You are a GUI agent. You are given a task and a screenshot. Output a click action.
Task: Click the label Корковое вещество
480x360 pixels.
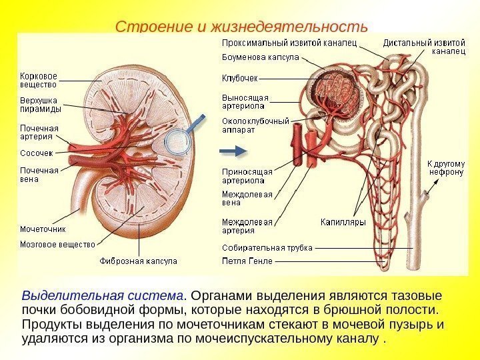(38, 80)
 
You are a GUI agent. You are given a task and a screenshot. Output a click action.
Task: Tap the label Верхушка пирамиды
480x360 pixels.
(41, 105)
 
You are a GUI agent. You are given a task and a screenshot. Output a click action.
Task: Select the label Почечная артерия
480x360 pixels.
(39, 132)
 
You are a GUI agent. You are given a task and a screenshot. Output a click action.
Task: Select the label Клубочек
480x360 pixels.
(240, 77)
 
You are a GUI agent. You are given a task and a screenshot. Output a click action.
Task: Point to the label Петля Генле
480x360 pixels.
(247, 261)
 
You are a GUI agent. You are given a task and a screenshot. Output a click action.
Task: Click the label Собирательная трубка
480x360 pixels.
(267, 247)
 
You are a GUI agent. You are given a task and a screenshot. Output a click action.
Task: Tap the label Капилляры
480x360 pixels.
(343, 222)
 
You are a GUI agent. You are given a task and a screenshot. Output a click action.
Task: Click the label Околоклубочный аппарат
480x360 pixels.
(255, 126)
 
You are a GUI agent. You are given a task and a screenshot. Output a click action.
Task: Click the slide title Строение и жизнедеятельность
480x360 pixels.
(241, 27)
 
